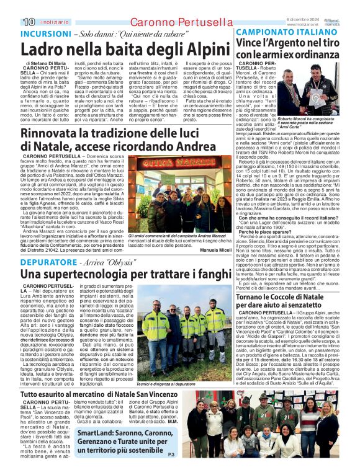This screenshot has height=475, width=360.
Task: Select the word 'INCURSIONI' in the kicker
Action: (43, 33)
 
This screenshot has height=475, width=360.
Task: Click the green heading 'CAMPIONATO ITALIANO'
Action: (277, 32)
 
